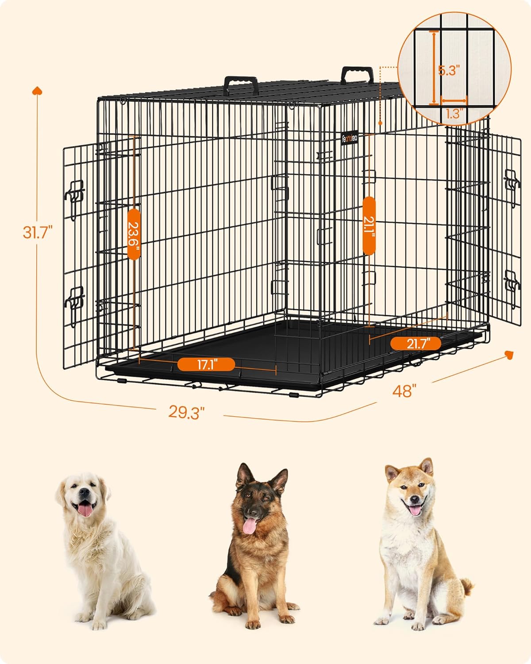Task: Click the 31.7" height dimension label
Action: (x=38, y=232)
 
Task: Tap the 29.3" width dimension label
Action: (x=186, y=412)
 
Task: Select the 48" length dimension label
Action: (x=404, y=391)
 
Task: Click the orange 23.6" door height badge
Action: (x=134, y=234)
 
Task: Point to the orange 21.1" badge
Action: (x=369, y=226)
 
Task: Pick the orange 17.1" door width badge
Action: (x=206, y=364)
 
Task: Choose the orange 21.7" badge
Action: (x=416, y=344)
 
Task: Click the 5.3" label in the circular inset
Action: (x=449, y=71)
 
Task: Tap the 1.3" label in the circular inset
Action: (x=453, y=114)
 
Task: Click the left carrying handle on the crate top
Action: (x=241, y=85)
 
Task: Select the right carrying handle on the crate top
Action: (x=357, y=75)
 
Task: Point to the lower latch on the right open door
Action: (x=512, y=289)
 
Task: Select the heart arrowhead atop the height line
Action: (x=37, y=90)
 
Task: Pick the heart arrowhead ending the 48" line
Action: (x=509, y=355)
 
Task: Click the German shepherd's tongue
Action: (x=250, y=526)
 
